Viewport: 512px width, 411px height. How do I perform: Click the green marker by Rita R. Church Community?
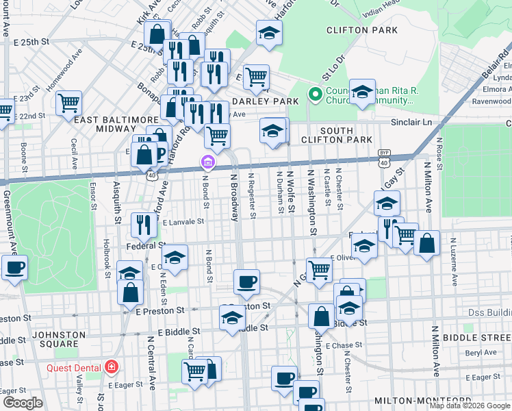(316, 95)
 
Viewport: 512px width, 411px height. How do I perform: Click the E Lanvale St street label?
(183, 222)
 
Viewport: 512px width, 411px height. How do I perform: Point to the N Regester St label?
(251, 195)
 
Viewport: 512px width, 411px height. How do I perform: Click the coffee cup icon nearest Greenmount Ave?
(14, 268)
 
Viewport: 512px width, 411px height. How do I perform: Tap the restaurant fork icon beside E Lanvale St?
(144, 223)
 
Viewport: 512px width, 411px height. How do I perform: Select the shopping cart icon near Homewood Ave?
(68, 103)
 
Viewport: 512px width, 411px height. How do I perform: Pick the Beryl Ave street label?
(483, 353)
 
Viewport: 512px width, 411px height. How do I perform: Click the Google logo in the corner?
(23, 403)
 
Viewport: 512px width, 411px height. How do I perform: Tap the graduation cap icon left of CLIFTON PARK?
(269, 32)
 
